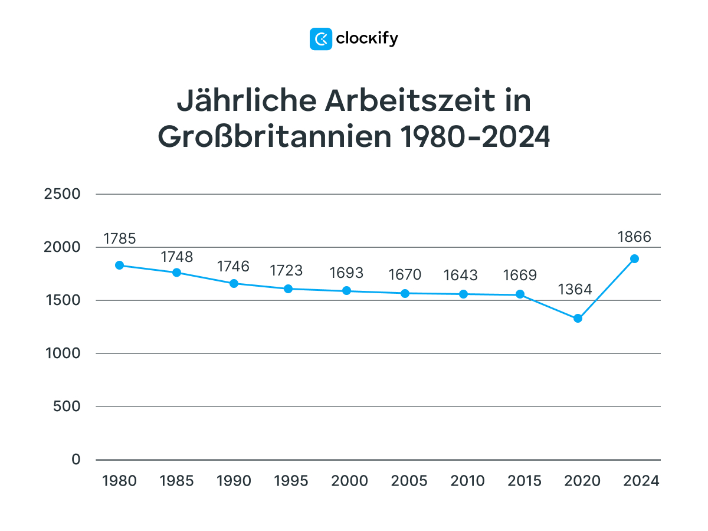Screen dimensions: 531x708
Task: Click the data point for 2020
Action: click(578, 319)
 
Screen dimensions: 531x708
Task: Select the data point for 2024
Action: click(634, 258)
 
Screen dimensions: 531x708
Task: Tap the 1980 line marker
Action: click(119, 265)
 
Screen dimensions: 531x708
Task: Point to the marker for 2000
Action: click(347, 291)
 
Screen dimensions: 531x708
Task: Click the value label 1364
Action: click(575, 290)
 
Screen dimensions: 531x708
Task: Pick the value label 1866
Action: click(634, 237)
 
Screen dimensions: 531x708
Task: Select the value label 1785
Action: click(120, 239)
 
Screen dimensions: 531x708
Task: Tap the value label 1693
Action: click(347, 273)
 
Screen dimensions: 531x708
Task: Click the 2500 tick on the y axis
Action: click(62, 194)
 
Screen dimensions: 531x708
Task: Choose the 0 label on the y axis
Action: click(76, 460)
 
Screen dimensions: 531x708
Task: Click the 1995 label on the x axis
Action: click(291, 481)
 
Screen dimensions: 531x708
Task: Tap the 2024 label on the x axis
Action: click(641, 481)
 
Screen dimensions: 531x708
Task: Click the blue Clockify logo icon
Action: click(321, 39)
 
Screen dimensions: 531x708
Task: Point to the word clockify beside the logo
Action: click(367, 39)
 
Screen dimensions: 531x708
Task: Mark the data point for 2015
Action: click(520, 294)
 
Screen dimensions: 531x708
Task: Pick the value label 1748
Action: click(176, 257)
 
